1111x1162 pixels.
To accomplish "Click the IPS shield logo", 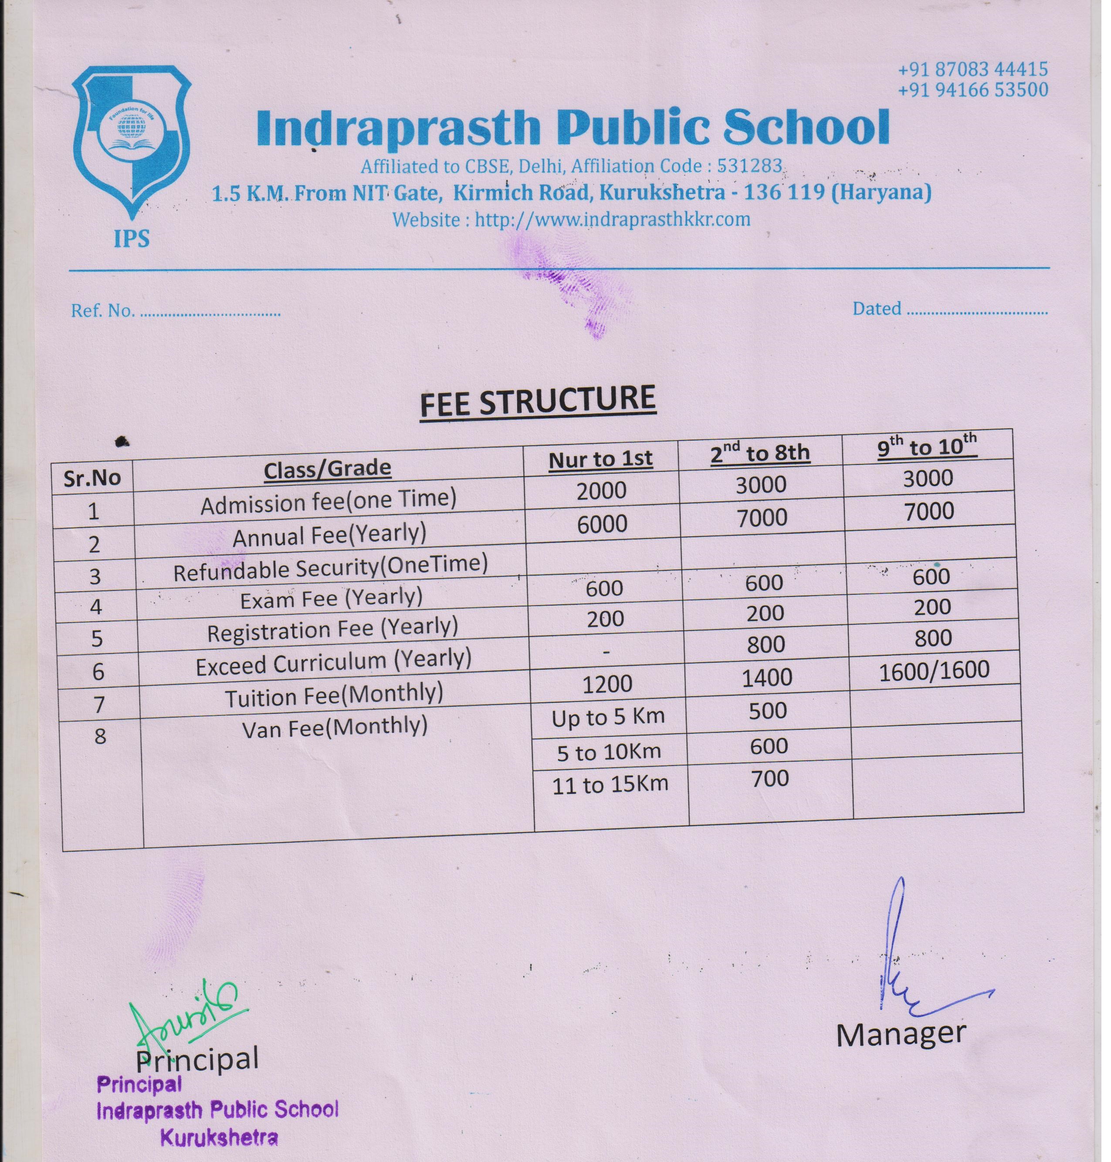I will tap(132, 142).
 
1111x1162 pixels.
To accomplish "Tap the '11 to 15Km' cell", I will tap(610, 785).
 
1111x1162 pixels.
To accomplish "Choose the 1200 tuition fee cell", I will tap(607, 684).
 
